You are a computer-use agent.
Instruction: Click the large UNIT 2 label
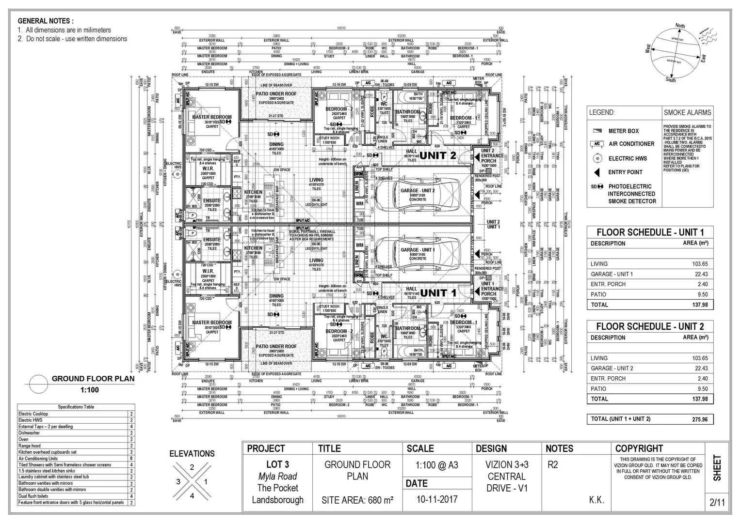click(x=438, y=155)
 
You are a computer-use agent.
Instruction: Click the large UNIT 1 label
click(x=438, y=293)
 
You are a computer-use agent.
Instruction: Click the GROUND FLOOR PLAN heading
click(x=93, y=379)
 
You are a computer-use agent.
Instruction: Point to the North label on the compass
click(x=680, y=26)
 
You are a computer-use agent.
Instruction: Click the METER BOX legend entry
click(x=623, y=131)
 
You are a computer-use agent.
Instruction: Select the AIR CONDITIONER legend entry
click(x=631, y=144)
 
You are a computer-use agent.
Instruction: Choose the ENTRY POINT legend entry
click(x=625, y=172)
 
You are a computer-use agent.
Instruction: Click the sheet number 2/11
click(x=717, y=503)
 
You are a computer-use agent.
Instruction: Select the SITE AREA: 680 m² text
click(x=357, y=500)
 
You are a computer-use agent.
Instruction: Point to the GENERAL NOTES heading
click(x=46, y=21)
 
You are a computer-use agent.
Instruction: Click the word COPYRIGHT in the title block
click(x=639, y=448)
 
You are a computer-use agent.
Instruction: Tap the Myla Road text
click(x=277, y=477)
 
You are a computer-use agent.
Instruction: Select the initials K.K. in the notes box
click(x=596, y=500)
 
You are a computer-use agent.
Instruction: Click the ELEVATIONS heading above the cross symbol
click(x=192, y=454)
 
